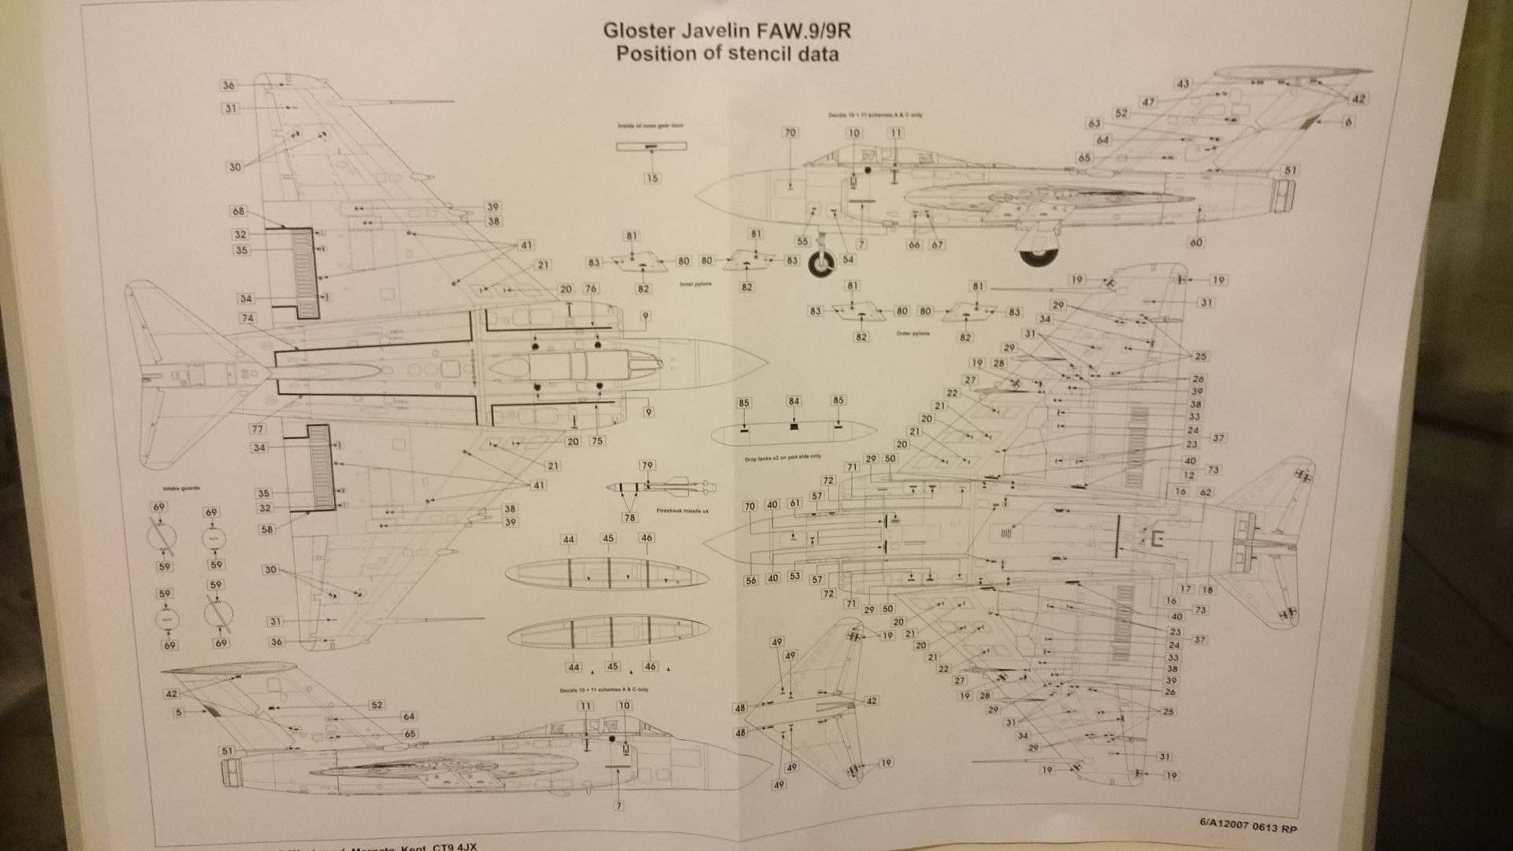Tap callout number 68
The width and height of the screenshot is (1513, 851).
point(239,211)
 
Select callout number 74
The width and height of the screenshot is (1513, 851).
point(248,318)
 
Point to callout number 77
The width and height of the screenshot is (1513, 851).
point(258,429)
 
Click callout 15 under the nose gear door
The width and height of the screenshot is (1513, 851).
point(652,179)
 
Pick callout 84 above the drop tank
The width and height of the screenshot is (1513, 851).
point(794,401)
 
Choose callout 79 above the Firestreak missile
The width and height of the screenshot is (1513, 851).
point(647,466)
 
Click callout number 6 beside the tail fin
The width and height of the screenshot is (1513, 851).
point(1348,121)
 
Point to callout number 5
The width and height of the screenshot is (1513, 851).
point(180,712)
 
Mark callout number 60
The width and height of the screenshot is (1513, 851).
point(1196,243)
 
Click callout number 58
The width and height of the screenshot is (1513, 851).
point(267,530)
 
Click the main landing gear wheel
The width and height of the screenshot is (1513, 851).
point(1038,251)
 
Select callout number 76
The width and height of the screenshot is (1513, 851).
point(590,289)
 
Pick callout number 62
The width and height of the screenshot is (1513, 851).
point(1205,492)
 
